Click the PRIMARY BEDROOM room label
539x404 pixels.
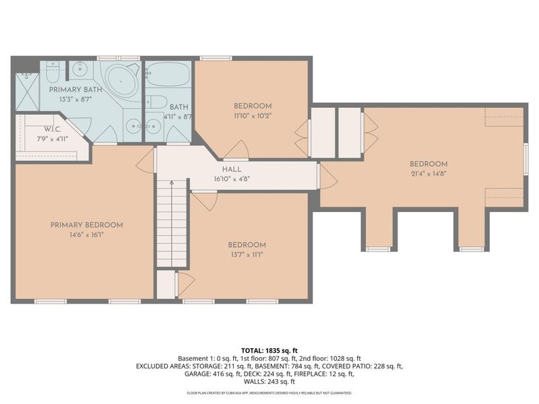(x=87, y=226)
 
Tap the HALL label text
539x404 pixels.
(x=232, y=170)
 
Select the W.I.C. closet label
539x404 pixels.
(x=53, y=129)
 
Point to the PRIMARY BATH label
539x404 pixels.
(x=75, y=90)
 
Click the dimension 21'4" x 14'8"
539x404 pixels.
(x=429, y=174)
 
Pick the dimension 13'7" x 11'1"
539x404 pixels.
(x=247, y=255)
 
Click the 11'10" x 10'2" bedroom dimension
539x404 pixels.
(x=253, y=116)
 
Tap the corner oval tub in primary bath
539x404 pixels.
(x=121, y=81)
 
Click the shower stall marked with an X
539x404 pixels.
(x=27, y=92)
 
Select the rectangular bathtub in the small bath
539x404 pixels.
(x=168, y=75)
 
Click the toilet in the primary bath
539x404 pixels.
(x=53, y=72)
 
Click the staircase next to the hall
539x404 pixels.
(x=172, y=223)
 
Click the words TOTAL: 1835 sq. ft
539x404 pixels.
(x=269, y=351)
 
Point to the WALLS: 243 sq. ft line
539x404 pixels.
(x=269, y=382)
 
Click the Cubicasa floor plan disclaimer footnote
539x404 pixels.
(x=269, y=393)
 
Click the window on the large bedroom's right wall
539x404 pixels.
(x=526, y=159)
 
